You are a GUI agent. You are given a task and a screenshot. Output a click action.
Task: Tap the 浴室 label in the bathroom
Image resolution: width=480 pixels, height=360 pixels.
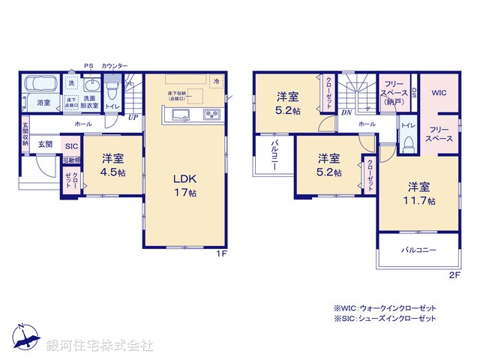click(x=43, y=103)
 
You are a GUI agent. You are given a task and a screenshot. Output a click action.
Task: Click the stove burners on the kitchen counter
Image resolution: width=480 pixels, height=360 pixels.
click(x=211, y=115)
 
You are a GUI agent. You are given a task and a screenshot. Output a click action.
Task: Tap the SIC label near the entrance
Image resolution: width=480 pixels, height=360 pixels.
click(x=71, y=146)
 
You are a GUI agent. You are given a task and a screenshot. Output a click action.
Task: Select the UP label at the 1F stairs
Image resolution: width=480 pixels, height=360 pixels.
click(x=132, y=117)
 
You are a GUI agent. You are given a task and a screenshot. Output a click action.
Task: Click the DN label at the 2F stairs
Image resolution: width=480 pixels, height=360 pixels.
click(x=346, y=113)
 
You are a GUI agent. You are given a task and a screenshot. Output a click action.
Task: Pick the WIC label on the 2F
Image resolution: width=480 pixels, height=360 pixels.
click(x=438, y=93)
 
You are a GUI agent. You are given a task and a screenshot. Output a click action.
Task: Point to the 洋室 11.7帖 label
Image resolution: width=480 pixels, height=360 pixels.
click(x=419, y=191)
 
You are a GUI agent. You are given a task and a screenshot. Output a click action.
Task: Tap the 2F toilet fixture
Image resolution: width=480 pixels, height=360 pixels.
click(x=409, y=142)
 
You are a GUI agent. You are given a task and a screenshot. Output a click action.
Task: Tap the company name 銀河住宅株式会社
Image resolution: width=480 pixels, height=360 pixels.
click(x=100, y=345)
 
